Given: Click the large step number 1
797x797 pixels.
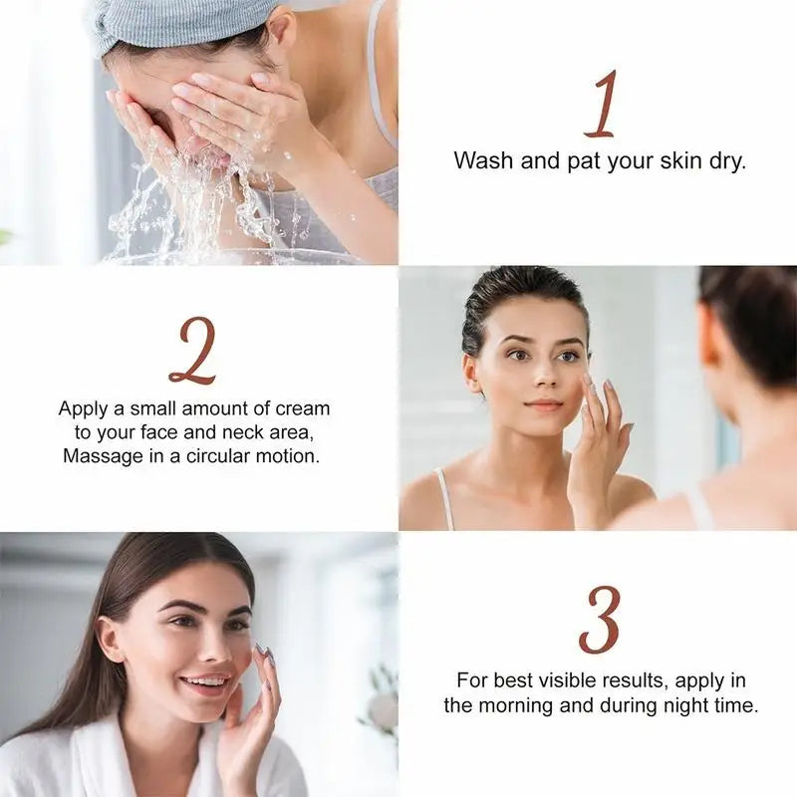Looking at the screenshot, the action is (603, 105).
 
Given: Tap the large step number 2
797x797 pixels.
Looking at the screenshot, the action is (193, 351).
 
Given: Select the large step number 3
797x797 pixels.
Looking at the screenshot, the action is (600, 620).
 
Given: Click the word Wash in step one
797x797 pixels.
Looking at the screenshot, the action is (483, 160).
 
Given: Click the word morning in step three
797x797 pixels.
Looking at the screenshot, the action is (516, 705).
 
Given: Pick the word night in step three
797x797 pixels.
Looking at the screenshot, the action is (687, 705).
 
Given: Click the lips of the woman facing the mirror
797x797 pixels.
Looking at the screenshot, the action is (544, 405).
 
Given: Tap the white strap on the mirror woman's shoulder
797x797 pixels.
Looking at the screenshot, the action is (444, 498).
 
